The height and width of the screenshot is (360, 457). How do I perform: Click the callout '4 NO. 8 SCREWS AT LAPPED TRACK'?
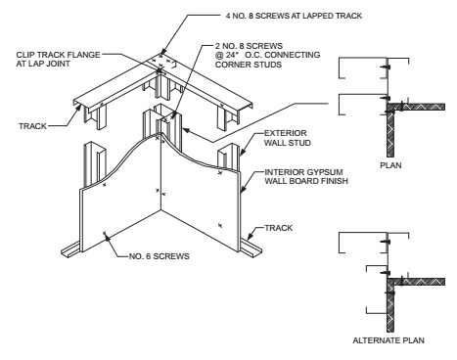(294, 16)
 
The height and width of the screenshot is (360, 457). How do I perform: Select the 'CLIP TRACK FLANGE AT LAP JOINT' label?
(58, 59)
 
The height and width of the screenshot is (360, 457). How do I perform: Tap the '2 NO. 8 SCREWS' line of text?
(249, 46)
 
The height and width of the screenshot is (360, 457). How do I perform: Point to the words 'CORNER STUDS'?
(249, 65)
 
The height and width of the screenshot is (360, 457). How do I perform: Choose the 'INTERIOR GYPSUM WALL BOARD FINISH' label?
(306, 176)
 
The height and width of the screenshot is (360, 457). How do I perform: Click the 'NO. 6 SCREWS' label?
(160, 256)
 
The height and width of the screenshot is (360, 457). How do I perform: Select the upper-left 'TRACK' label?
(32, 126)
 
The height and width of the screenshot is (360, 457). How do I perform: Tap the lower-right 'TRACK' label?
(279, 228)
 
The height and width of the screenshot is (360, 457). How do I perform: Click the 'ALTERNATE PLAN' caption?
(388, 340)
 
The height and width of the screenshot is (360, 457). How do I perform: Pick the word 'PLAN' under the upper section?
(390, 165)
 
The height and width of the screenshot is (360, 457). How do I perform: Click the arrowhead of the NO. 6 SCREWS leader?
(106, 236)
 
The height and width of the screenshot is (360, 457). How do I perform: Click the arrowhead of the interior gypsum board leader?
(243, 190)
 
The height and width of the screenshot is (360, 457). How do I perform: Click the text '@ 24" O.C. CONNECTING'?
(267, 55)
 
